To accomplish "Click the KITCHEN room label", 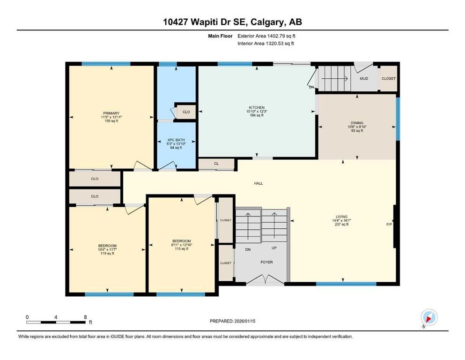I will (256, 107).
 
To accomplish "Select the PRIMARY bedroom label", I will (111, 113).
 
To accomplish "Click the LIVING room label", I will (341, 216).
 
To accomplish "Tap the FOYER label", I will (266, 262).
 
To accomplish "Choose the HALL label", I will (258, 183).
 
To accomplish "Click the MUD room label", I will (364, 78).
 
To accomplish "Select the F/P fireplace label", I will (389, 225).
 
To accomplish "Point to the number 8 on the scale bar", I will (85, 317).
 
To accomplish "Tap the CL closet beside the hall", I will (216, 164).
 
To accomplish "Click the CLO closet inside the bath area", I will (186, 112).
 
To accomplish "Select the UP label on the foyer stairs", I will (274, 248).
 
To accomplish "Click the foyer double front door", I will (265, 280).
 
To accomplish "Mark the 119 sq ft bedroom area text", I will (107, 253).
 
